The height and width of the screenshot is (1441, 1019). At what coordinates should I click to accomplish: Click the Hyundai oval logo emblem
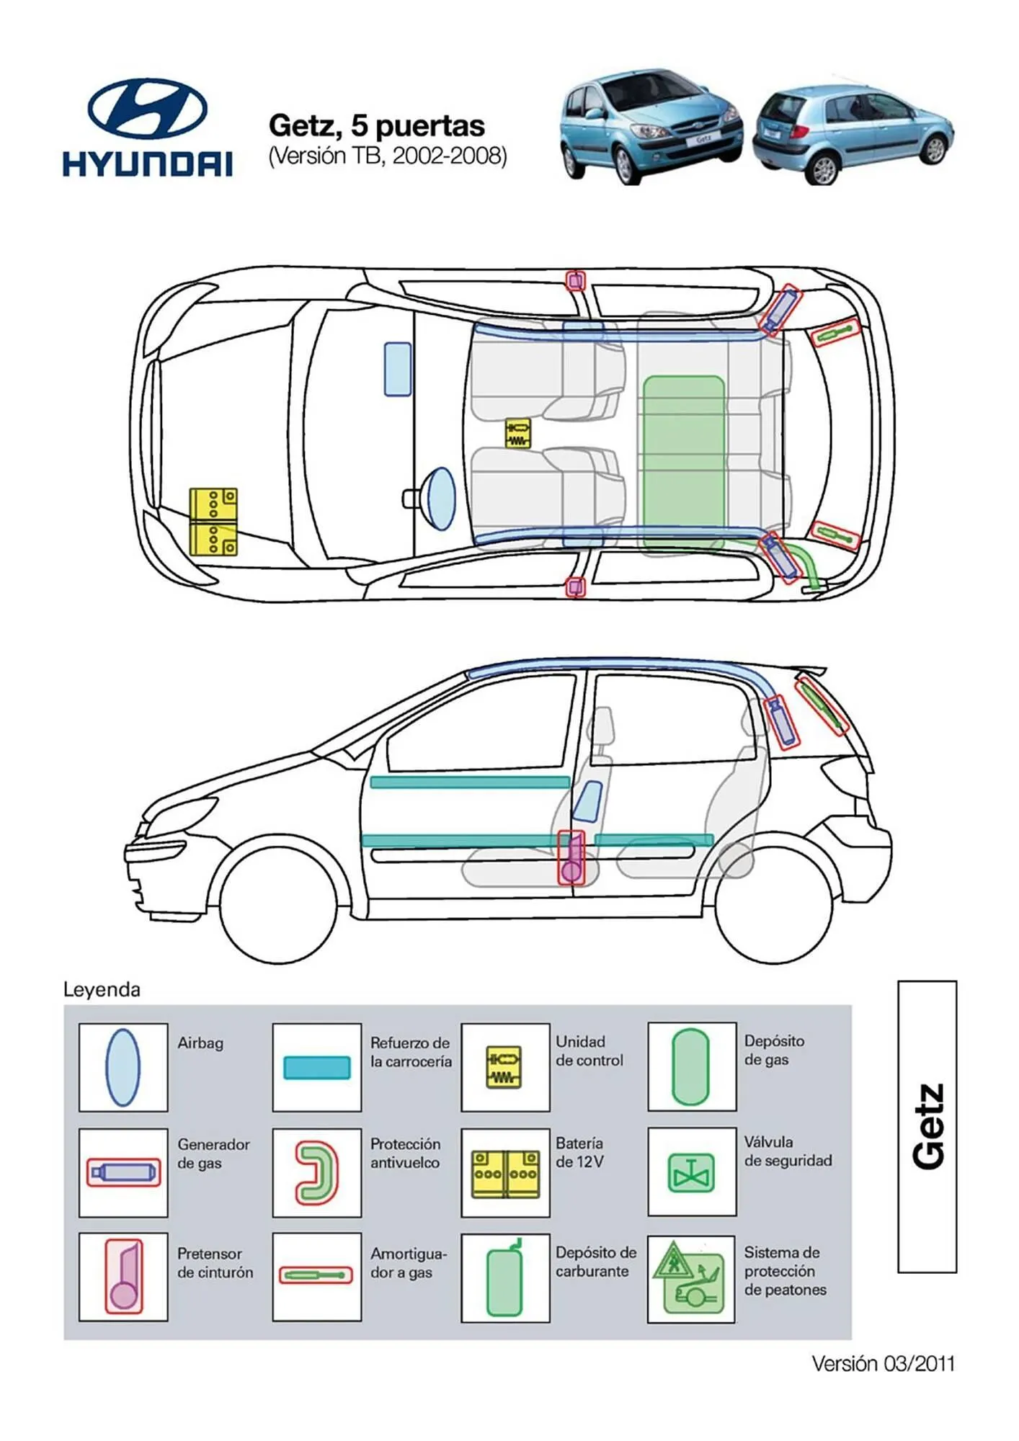148,109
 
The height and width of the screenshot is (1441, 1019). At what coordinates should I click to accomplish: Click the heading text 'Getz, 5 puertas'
376,126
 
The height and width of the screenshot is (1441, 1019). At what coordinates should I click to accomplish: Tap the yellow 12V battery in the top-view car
213,522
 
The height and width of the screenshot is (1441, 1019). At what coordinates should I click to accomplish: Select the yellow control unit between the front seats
517,433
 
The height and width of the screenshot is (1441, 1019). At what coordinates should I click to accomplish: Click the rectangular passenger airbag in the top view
397,369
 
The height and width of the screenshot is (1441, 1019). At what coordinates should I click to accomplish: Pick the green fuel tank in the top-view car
683,452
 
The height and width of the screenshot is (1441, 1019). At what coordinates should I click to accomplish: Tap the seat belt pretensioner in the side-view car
571,857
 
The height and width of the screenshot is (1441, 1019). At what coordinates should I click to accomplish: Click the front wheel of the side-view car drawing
278,904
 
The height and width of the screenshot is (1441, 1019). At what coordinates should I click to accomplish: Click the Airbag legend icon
123,1067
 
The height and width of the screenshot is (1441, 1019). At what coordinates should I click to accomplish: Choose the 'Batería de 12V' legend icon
505,1174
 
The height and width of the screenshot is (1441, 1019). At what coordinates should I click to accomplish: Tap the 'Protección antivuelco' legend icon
317,1173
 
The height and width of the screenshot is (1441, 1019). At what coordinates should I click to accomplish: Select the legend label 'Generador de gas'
213,1154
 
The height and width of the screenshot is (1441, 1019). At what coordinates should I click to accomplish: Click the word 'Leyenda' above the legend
102,989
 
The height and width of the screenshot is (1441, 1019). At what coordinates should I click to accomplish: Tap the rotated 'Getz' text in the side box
928,1126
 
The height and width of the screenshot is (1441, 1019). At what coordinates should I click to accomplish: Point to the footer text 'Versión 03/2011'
882,1363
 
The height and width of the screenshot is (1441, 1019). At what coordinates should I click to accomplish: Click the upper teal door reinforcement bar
469,782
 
